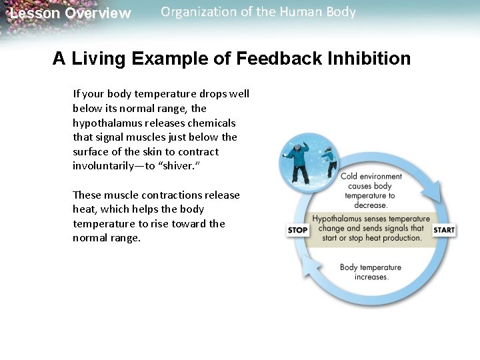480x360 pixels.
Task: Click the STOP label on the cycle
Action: coord(297,230)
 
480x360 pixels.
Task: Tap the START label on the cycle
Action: coord(444,230)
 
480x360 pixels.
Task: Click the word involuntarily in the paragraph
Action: coord(106,166)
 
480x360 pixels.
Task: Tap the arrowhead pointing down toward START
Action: coord(433,194)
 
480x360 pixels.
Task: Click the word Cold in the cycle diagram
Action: coord(350,177)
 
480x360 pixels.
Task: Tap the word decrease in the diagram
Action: coord(371,205)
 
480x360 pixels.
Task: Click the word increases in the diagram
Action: coord(371,277)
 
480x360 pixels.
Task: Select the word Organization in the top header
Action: coord(193,12)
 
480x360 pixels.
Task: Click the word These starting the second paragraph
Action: coord(87,195)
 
